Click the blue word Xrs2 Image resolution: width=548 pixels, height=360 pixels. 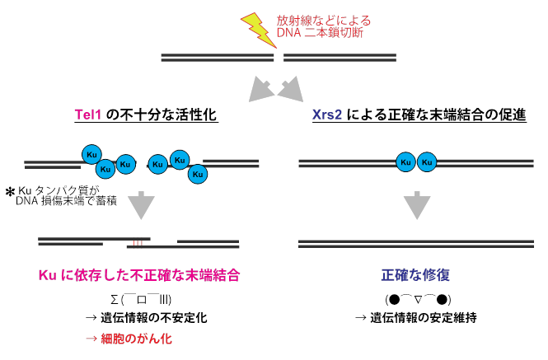tap(328, 115)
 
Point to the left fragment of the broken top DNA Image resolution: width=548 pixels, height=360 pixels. tap(216, 58)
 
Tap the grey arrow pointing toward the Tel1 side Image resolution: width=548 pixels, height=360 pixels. tap(262, 86)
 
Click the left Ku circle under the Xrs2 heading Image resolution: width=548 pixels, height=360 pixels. tap(405, 162)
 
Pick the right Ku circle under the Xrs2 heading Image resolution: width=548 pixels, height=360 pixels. tap(426, 162)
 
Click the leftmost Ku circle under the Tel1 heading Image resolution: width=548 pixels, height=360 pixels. tap(91, 154)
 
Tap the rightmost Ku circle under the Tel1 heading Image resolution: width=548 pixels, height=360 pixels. tap(197, 174)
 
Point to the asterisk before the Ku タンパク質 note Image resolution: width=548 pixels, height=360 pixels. tap(10, 192)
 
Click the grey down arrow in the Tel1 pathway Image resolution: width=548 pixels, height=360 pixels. tap(142, 204)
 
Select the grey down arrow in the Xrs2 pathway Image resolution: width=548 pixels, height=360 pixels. tap(417, 204)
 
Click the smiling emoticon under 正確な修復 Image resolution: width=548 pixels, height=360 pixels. tap(418, 297)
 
